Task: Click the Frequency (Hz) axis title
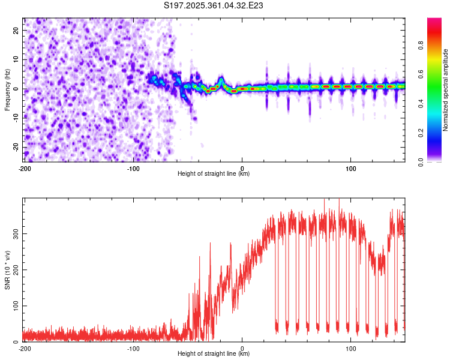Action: [x=7, y=89]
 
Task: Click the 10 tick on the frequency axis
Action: [x=16, y=59]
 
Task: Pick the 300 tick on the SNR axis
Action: [x=14, y=233]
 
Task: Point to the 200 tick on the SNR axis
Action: [x=14, y=269]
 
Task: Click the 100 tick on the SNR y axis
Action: [x=14, y=306]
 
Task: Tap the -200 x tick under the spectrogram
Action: [x=25, y=168]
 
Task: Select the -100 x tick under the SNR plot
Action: [x=133, y=348]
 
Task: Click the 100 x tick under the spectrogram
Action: [x=351, y=168]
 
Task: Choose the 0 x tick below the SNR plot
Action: [x=242, y=348]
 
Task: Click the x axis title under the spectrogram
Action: [x=214, y=174]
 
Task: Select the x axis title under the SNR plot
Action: [x=214, y=354]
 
